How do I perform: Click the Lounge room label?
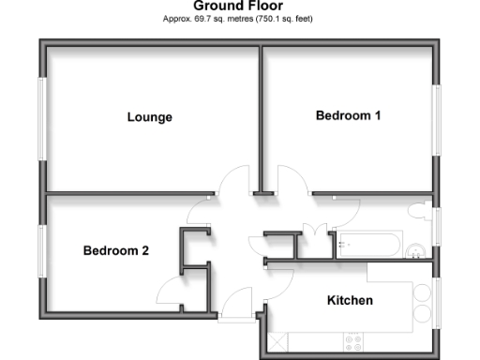point(150,117)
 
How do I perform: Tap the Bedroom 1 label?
point(348,115)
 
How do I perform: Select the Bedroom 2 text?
point(116,250)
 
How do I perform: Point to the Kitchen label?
point(350,301)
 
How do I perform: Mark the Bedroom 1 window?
point(437,120)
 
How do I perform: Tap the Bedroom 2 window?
point(41,250)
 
